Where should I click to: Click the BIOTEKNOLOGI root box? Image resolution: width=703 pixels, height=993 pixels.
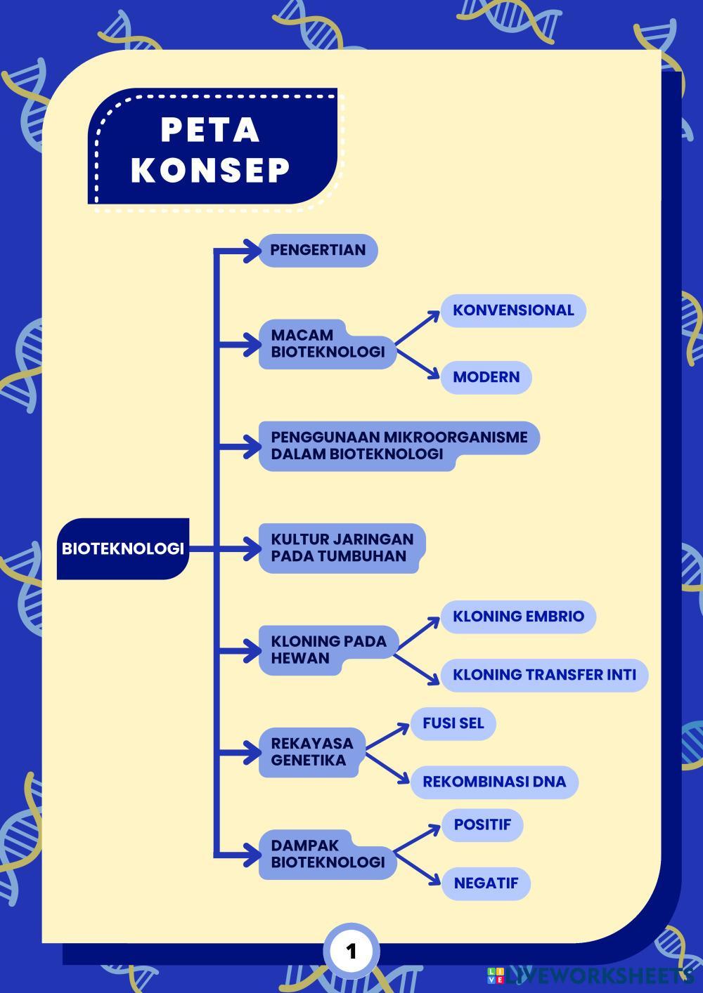[123, 548]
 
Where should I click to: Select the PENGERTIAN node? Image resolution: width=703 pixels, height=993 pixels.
[318, 250]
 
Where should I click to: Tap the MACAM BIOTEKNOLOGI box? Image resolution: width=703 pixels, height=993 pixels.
[327, 344]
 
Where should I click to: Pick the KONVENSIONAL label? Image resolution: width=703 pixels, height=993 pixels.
[513, 310]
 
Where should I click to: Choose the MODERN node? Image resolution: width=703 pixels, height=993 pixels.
[486, 377]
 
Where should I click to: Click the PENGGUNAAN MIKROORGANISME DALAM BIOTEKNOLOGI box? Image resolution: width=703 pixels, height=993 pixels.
[399, 445]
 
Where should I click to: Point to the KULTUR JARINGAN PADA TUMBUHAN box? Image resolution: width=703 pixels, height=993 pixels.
[342, 548]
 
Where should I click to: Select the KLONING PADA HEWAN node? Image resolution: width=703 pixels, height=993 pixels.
[328, 650]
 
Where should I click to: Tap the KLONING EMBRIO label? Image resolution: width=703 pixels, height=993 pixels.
[518, 617]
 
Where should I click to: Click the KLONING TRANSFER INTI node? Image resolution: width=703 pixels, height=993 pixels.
[544, 675]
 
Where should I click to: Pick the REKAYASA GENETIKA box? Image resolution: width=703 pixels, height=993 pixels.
[312, 751]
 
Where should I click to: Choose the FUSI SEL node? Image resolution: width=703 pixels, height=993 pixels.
[453, 723]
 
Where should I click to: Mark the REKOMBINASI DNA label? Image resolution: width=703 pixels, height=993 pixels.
[494, 782]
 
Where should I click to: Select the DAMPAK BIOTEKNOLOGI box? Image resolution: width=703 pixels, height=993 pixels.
[328, 854]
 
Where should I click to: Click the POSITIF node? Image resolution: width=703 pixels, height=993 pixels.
[482, 824]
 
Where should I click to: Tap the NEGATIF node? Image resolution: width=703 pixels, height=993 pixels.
[486, 883]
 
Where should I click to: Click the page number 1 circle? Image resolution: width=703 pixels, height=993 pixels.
[351, 952]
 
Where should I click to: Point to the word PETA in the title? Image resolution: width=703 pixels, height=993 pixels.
[210, 130]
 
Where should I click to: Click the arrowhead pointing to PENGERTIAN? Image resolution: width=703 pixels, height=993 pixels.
[252, 250]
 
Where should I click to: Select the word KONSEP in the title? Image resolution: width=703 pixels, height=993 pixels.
[210, 170]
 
